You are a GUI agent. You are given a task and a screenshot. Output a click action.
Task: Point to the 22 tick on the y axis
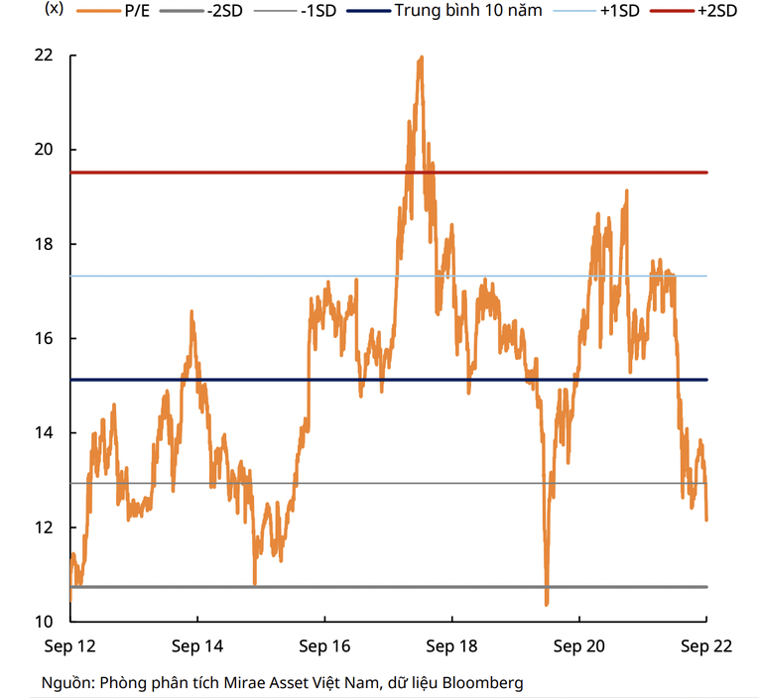tap(43, 56)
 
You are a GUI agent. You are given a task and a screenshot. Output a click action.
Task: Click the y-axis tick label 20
tap(43, 150)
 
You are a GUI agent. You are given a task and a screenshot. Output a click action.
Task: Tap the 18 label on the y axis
tap(43, 244)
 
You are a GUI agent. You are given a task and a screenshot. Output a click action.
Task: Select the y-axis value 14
tap(43, 433)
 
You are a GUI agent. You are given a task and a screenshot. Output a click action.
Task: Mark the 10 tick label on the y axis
tap(43, 622)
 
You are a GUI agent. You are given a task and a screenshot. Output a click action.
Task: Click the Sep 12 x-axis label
tap(69, 646)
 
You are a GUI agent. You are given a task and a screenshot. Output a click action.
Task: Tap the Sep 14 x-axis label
tap(196, 646)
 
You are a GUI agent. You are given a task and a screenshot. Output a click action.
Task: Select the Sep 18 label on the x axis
tap(451, 646)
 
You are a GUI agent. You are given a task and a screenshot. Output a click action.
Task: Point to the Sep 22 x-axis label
tap(705, 646)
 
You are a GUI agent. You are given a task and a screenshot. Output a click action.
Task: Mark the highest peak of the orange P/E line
tap(421, 58)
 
